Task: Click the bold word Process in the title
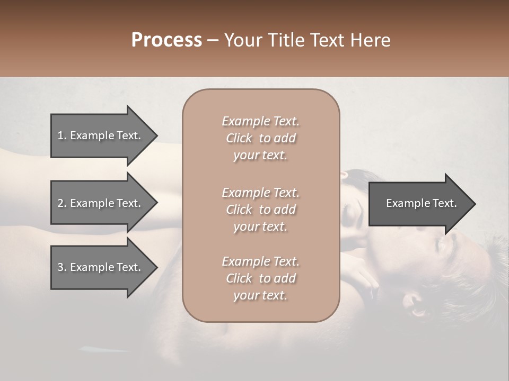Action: click(166, 40)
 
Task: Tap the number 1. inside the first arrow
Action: click(62, 135)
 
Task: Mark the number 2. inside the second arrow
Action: click(62, 203)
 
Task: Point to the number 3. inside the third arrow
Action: click(62, 267)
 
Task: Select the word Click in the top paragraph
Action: click(239, 138)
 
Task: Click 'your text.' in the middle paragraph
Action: click(260, 226)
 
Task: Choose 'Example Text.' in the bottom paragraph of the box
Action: click(260, 261)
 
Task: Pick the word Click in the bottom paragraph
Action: click(239, 278)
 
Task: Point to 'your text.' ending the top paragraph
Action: click(260, 156)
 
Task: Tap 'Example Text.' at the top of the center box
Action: click(260, 121)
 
